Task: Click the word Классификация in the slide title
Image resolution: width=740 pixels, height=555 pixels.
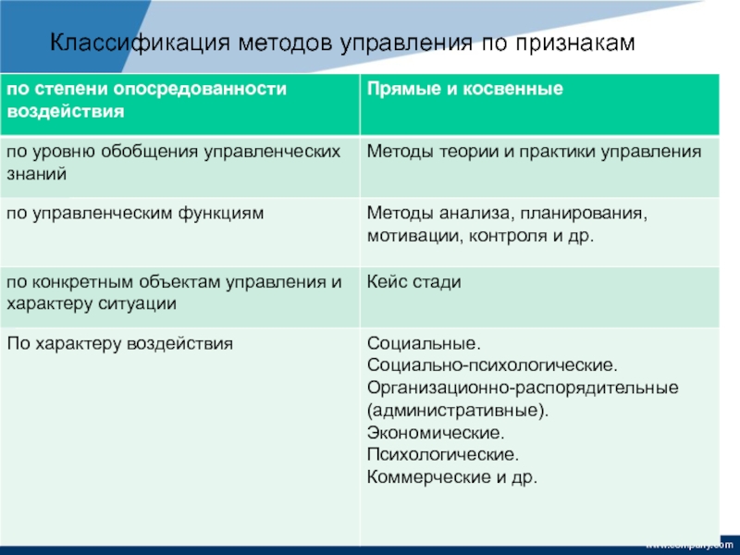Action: (x=140, y=43)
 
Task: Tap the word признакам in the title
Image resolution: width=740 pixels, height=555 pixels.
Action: (x=574, y=43)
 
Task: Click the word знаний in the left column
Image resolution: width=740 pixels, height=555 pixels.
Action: (x=37, y=174)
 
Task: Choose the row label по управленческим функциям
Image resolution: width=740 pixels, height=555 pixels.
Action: (x=135, y=214)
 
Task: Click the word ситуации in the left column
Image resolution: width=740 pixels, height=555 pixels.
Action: (x=137, y=303)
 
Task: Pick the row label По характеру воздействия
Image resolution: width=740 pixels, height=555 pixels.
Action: (x=120, y=343)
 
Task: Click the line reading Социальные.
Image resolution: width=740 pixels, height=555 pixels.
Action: (x=424, y=343)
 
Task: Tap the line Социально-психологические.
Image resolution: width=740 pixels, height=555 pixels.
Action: (x=492, y=365)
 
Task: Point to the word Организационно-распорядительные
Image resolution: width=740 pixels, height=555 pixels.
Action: (x=523, y=388)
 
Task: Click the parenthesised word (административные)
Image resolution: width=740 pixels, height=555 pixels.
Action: (x=458, y=410)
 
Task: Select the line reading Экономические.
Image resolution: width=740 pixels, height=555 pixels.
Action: (x=436, y=432)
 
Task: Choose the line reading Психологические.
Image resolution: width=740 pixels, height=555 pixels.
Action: (x=443, y=454)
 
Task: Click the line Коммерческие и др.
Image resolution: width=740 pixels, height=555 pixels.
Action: (x=452, y=477)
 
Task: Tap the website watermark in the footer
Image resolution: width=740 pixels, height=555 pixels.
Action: (x=689, y=545)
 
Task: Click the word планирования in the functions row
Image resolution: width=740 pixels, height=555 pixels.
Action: (x=584, y=214)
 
